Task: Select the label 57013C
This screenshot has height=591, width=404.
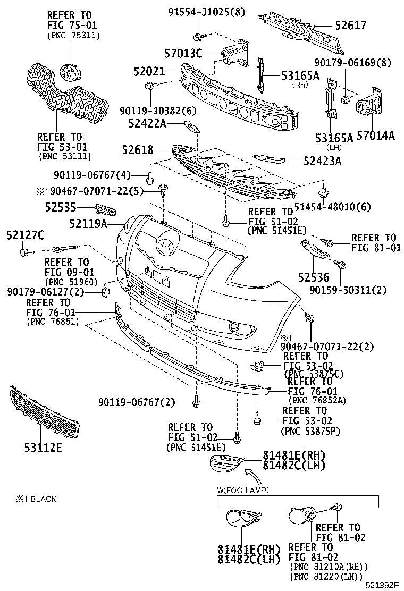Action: (183, 53)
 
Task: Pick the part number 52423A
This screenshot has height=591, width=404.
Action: (322, 160)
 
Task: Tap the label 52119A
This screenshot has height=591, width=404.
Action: (88, 224)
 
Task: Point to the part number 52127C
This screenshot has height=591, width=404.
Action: (25, 234)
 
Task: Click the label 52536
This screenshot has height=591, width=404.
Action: (314, 277)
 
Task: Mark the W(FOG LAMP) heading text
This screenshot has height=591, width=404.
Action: (243, 489)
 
